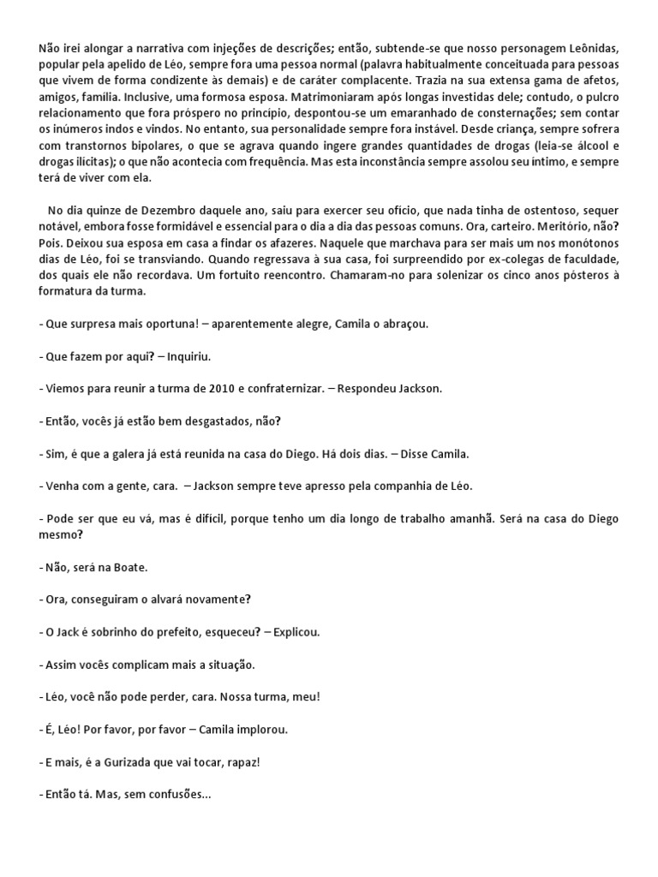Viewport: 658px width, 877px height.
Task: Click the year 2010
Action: click(222, 387)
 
